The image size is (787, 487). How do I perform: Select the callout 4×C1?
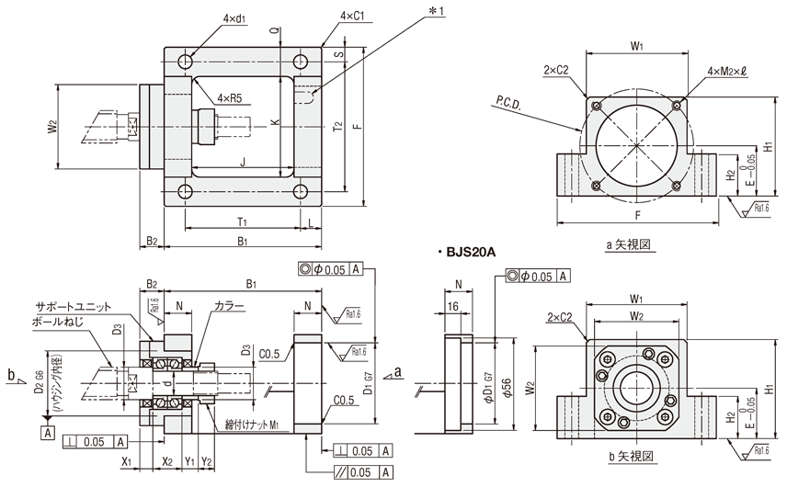(353, 17)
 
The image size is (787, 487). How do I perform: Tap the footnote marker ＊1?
(435, 11)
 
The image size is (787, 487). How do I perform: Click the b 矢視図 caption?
(630, 456)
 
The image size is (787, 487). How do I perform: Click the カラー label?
(229, 306)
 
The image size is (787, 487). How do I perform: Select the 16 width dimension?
(452, 305)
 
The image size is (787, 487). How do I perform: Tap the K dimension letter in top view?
(275, 120)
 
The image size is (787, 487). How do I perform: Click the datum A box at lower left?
(45, 430)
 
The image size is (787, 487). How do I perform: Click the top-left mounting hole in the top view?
(186, 62)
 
